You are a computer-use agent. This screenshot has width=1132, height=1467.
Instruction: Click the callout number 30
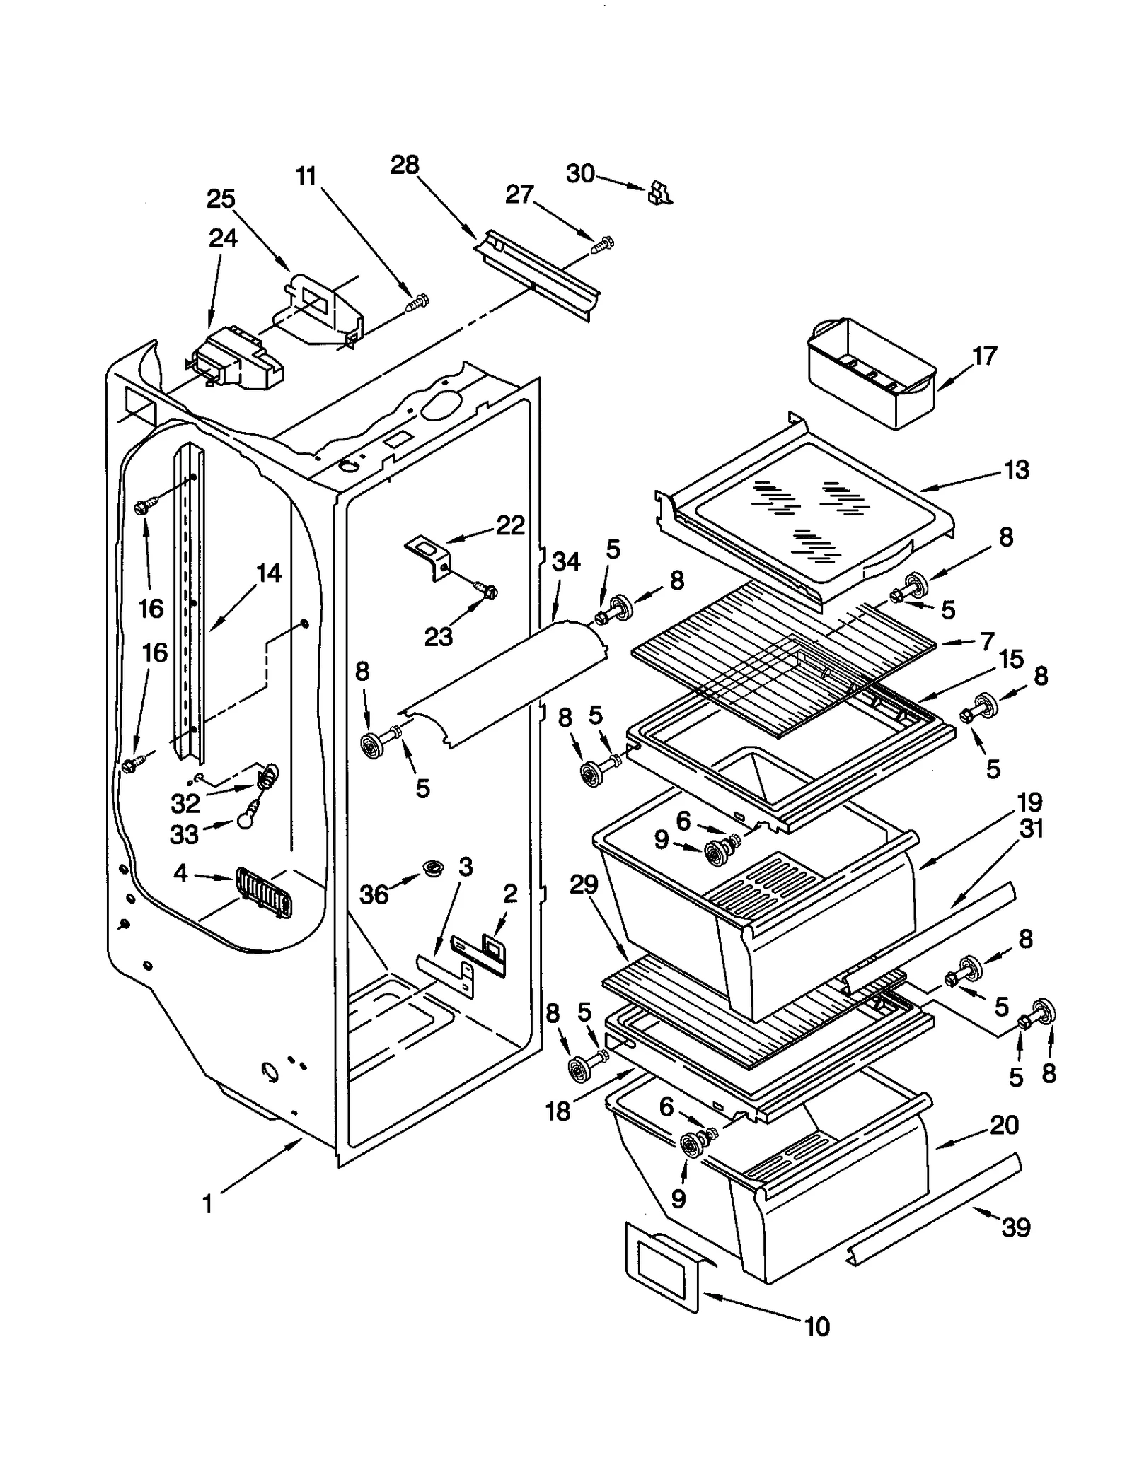coord(580,173)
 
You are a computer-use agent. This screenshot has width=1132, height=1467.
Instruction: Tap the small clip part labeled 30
coord(659,192)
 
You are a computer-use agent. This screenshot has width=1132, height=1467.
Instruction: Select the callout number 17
coord(984,356)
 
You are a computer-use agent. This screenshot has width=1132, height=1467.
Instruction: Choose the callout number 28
coord(405,165)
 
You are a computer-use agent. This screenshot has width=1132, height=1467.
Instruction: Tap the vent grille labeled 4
coord(262,892)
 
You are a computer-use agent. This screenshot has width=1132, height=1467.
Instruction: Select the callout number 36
coord(374,895)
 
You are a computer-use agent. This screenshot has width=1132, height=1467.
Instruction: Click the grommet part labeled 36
coord(429,867)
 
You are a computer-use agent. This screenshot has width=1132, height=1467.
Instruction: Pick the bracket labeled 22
coord(429,555)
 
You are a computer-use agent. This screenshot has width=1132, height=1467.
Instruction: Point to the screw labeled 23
coord(486,590)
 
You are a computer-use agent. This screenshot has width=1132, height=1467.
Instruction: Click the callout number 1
coord(207,1203)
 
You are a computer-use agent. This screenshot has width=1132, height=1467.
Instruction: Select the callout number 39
coord(1015,1227)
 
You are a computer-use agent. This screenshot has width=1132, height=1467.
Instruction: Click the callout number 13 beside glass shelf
coord(1017,469)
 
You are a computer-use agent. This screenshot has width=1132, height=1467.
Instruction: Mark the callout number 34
coord(566,562)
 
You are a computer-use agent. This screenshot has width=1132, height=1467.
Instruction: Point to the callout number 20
coord(1003,1125)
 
